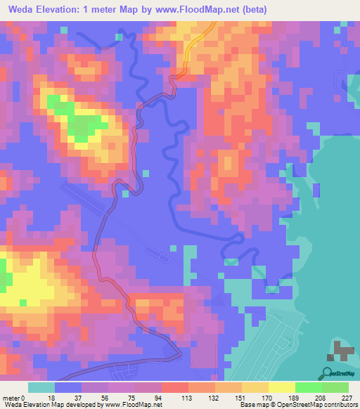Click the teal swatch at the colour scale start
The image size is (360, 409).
click(41, 387)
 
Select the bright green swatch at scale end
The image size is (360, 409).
click(335, 387)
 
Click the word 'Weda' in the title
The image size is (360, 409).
click(20, 9)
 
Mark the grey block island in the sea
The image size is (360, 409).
click(342, 351)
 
